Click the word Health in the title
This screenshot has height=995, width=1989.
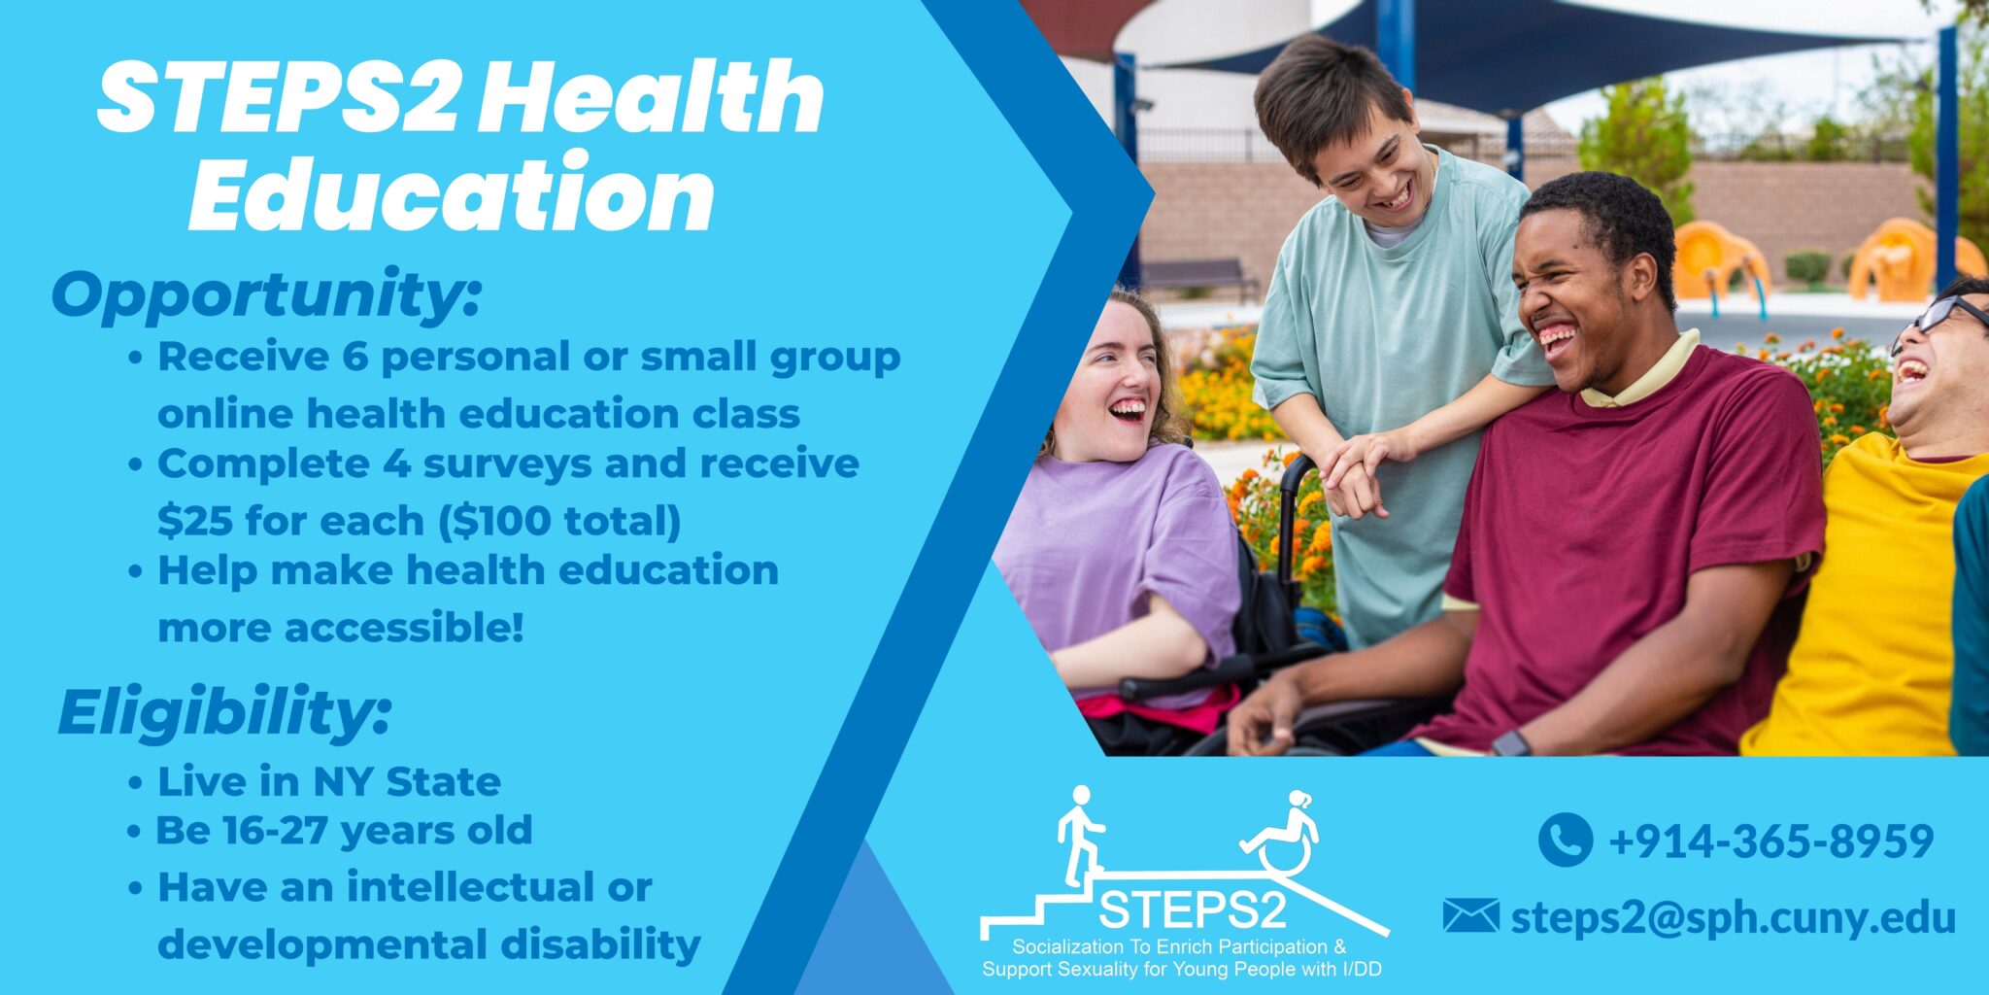(x=651, y=97)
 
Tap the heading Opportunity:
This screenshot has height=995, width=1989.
(x=266, y=294)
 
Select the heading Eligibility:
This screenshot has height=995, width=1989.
(x=224, y=712)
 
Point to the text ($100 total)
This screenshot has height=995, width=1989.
(x=559, y=521)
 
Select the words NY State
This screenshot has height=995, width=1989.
(x=406, y=782)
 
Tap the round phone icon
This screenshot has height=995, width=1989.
(x=1565, y=840)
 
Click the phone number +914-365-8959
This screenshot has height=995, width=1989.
(x=1770, y=841)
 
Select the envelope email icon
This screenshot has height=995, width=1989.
(x=1470, y=916)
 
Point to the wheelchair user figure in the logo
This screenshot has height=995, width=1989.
(x=1284, y=834)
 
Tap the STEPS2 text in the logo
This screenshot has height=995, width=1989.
(x=1193, y=909)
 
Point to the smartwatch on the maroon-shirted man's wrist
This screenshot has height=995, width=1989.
(x=1510, y=744)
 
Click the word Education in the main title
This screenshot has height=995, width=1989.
(x=452, y=194)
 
